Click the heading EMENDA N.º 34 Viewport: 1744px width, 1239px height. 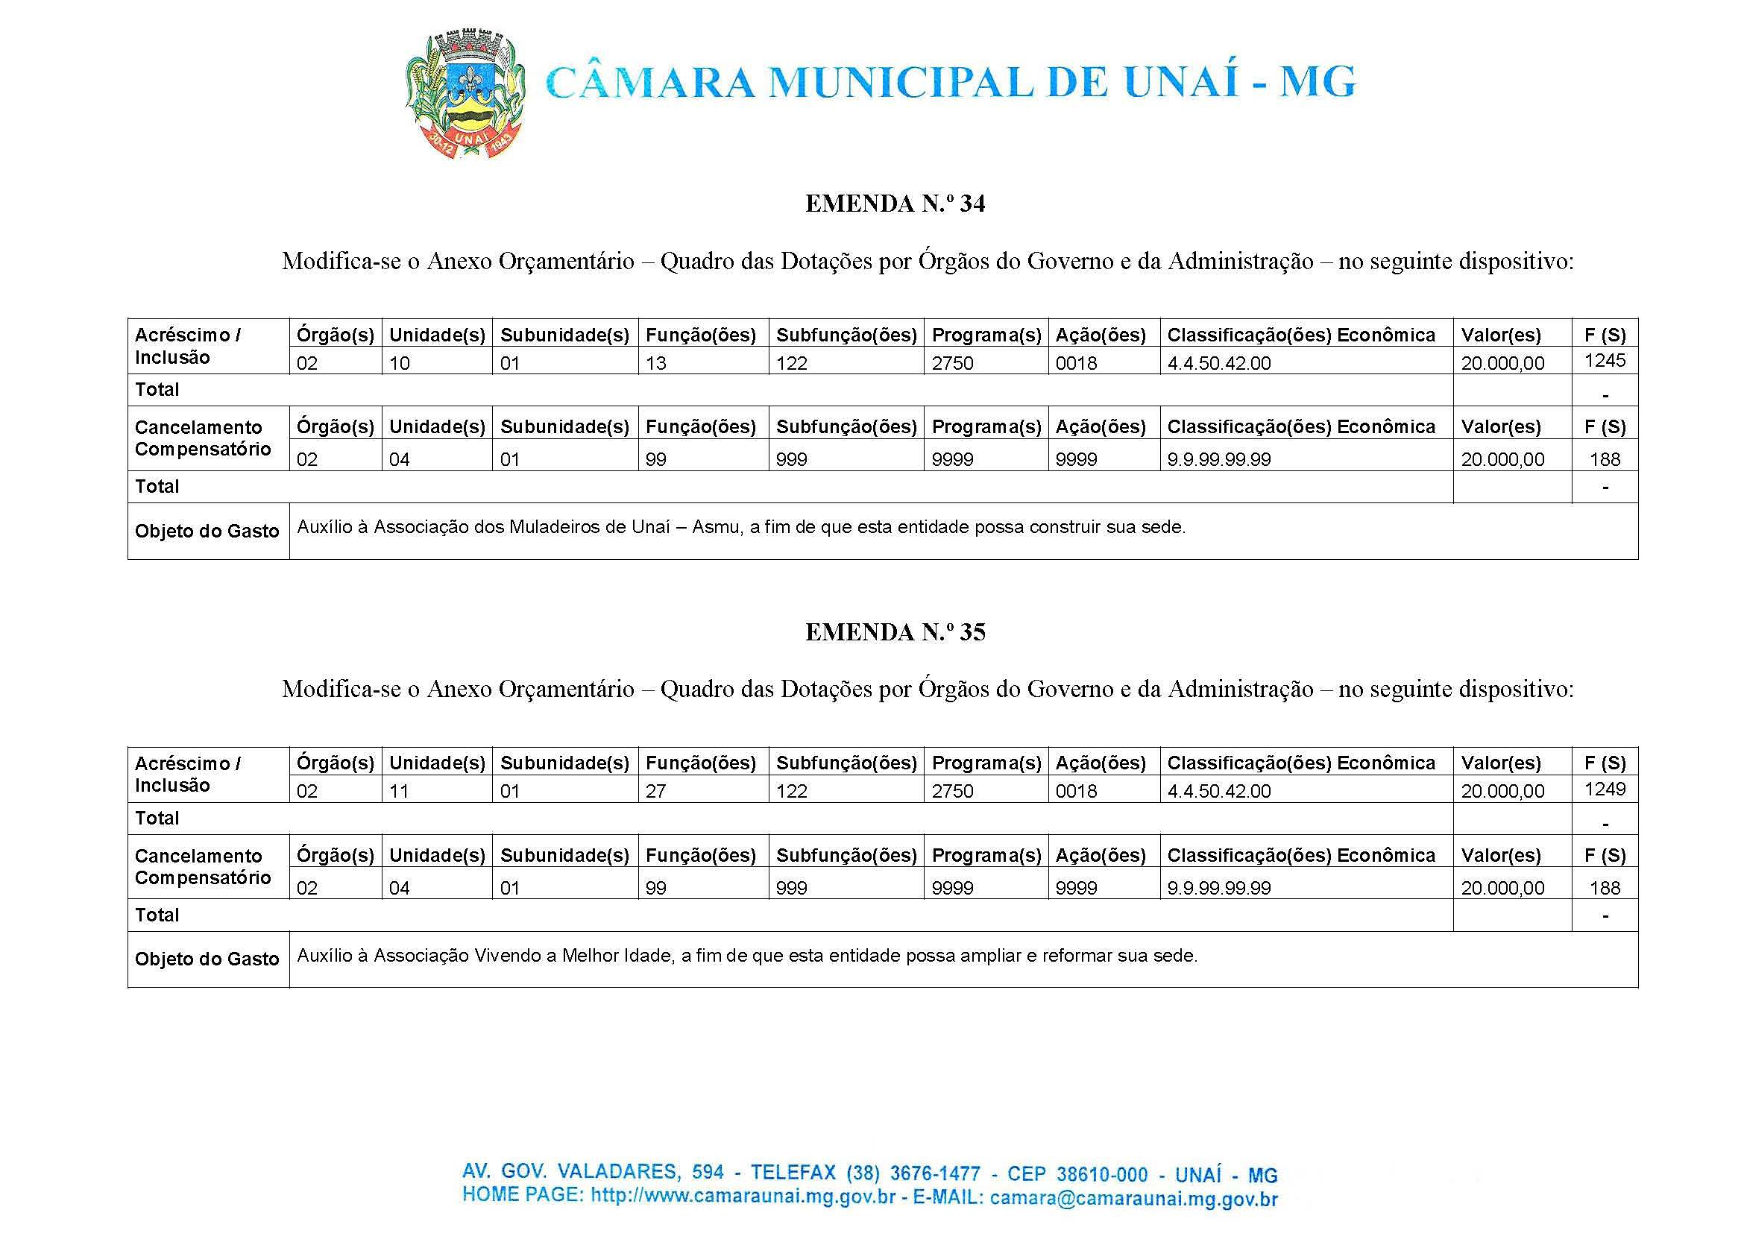click(895, 204)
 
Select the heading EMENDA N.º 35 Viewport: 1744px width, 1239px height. click(895, 632)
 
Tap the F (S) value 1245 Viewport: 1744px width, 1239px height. click(1605, 360)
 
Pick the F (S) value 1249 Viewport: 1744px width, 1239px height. click(1605, 789)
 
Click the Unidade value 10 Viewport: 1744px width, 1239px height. click(400, 364)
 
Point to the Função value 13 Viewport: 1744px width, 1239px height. click(656, 364)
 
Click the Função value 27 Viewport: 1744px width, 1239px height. click(656, 792)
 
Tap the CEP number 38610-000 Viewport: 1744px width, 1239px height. click(1103, 1174)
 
